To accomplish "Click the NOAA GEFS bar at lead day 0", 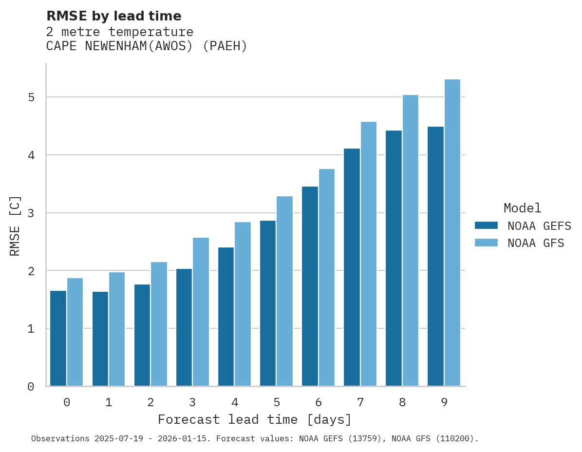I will (58, 339).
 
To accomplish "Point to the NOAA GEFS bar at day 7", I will (351, 267).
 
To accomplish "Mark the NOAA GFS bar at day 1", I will (117, 329).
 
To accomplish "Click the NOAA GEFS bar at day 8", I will (393, 258).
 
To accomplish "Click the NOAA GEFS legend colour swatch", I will (486, 226).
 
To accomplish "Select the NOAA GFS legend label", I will (536, 243).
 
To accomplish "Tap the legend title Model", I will (522, 208).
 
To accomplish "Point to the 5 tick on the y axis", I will (31, 97).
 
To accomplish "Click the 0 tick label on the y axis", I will (31, 387).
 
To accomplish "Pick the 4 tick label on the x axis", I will (235, 403).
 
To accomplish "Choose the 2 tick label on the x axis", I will (150, 403).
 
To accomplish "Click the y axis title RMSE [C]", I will (15, 226).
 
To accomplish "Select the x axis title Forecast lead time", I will (254, 420).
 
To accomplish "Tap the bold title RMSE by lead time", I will (113, 16).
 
